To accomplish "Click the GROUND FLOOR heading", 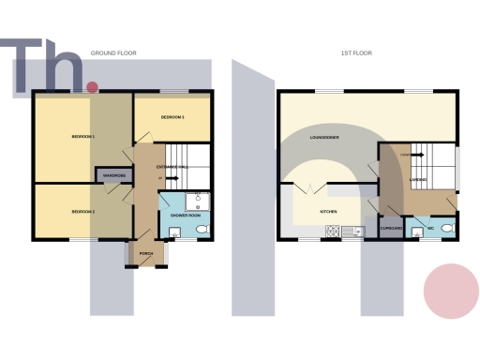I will pyautogui.click(x=113, y=53).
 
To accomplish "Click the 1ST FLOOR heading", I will pyautogui.click(x=356, y=53).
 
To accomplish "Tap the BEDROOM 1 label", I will pyautogui.click(x=83, y=138).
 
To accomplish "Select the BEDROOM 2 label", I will pyautogui.click(x=83, y=212).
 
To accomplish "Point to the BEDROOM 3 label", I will pyautogui.click(x=171, y=117).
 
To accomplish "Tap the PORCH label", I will pyautogui.click(x=146, y=254).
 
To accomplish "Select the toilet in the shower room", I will pyautogui.click(x=204, y=228).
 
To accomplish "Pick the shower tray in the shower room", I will pyautogui.click(x=199, y=200).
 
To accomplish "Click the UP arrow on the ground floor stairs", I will pyautogui.click(x=162, y=178).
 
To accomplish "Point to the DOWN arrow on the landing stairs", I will pyautogui.click(x=404, y=154).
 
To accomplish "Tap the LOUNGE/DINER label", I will pyautogui.click(x=325, y=138).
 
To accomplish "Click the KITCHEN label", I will pyautogui.click(x=328, y=212).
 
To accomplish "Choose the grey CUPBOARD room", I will pyautogui.click(x=392, y=228).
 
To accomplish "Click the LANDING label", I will pyautogui.click(x=423, y=178).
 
